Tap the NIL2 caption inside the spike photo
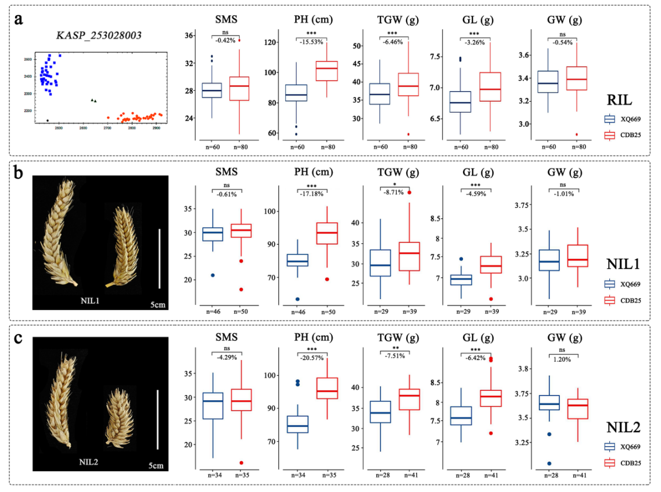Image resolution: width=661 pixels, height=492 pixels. pos(89,462)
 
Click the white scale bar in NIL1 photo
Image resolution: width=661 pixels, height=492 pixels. pos(159,258)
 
